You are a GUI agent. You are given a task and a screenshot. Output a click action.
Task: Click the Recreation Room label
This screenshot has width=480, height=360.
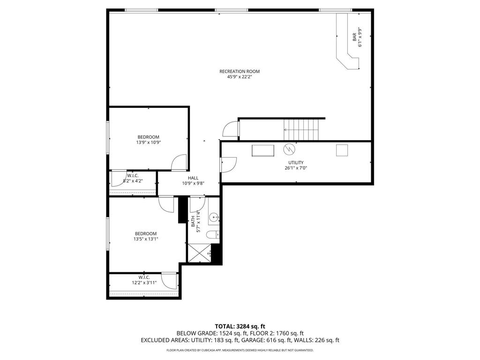pyautogui.click(x=240, y=72)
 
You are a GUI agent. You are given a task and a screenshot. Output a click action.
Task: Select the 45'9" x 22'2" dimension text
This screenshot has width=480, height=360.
pyautogui.click(x=240, y=77)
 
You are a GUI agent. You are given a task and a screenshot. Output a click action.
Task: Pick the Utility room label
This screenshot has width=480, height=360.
pyautogui.click(x=296, y=163)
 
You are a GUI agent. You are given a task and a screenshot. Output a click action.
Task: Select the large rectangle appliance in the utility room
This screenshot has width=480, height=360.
pyautogui.click(x=263, y=150)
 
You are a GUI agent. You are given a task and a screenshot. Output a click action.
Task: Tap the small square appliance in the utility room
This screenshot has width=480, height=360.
pyautogui.click(x=342, y=150)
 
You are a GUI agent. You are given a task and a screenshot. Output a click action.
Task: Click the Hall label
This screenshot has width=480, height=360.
pyautogui.click(x=193, y=178)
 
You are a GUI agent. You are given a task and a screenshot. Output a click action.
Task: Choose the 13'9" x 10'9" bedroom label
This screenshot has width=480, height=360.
pyautogui.click(x=148, y=140)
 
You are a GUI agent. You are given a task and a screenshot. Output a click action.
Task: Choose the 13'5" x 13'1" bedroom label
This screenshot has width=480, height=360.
pyautogui.click(x=145, y=236)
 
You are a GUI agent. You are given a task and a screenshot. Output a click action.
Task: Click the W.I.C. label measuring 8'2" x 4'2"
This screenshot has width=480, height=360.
pyautogui.click(x=133, y=178)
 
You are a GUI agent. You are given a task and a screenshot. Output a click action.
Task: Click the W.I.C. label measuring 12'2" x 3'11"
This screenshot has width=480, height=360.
pyautogui.click(x=144, y=280)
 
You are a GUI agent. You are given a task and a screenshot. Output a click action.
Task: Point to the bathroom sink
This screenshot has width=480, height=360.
pyautogui.click(x=214, y=217)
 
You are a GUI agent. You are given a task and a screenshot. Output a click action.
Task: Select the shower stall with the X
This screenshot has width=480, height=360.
pyautogui.click(x=199, y=253)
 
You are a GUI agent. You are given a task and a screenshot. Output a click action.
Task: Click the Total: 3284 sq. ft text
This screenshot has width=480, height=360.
pyautogui.click(x=240, y=326)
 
